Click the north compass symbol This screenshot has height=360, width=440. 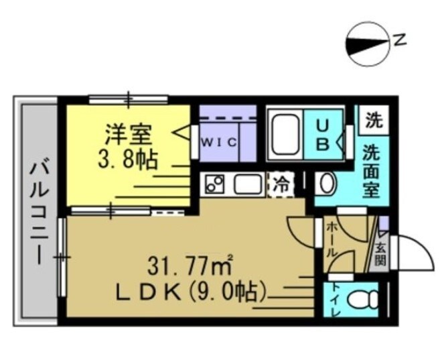pyautogui.click(x=367, y=46)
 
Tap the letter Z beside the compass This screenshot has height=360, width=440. pyautogui.click(x=400, y=40)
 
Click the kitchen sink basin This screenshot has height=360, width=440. pyautogui.click(x=246, y=184)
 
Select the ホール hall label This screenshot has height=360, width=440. pyautogui.click(x=330, y=242)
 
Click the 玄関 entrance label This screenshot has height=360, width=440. pyautogui.click(x=380, y=254)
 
